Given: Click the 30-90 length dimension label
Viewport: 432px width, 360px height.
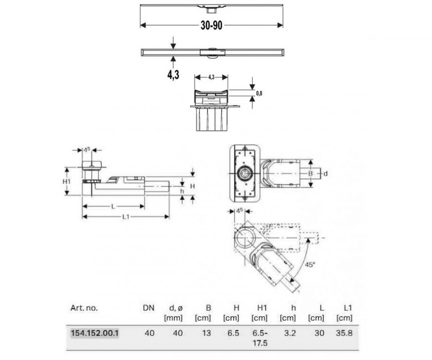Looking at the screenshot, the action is pyautogui.click(x=212, y=25).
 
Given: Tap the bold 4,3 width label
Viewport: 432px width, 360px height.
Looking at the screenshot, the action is pyautogui.click(x=173, y=75).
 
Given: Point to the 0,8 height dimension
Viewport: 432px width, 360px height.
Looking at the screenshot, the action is pyautogui.click(x=259, y=94).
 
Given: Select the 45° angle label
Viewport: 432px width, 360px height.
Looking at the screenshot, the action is pyautogui.click(x=310, y=265).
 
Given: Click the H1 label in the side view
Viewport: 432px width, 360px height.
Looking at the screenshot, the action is pyautogui.click(x=66, y=182).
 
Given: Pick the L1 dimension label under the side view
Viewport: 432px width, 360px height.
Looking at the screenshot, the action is pyautogui.click(x=126, y=217).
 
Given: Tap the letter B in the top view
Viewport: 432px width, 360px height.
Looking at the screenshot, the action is pyautogui.click(x=311, y=173).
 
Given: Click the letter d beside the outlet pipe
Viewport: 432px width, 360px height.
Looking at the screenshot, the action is pyautogui.click(x=325, y=173).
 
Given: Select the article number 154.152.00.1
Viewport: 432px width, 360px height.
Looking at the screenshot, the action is pyautogui.click(x=95, y=333).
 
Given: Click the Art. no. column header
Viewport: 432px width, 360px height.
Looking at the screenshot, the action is pyautogui.click(x=84, y=308).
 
